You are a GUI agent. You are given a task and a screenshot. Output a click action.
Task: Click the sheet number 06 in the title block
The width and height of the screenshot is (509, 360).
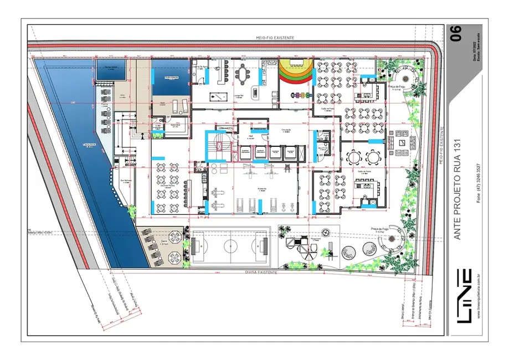[x=456, y=33]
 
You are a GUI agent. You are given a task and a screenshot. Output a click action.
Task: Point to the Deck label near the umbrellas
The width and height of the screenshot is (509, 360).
[x=164, y=248]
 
